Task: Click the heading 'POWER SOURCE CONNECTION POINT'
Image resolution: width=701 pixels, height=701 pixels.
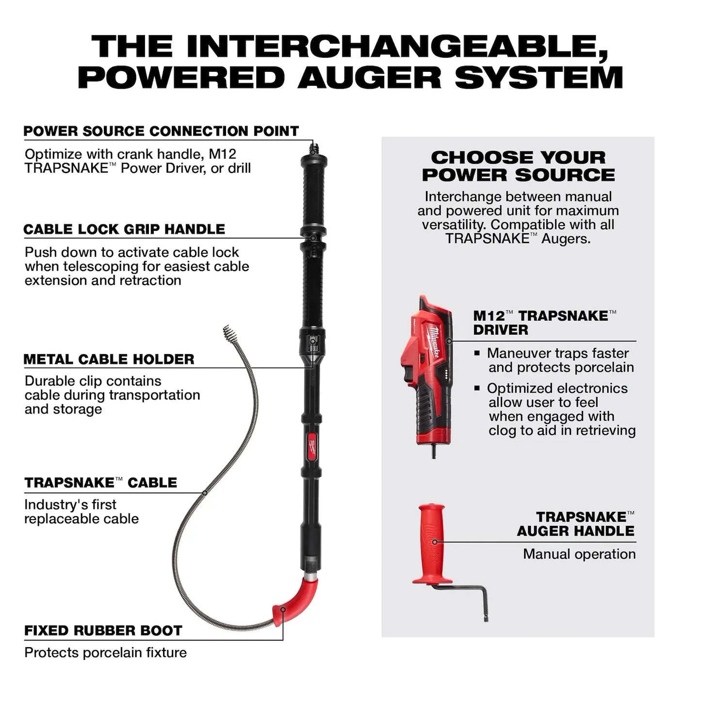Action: pyautogui.click(x=161, y=131)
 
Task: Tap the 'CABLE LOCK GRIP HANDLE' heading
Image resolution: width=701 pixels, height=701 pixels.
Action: pyautogui.click(x=124, y=229)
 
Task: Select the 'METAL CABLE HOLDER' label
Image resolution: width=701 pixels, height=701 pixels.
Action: pyautogui.click(x=109, y=359)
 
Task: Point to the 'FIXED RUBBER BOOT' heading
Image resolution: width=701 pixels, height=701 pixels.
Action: pyautogui.click(x=103, y=630)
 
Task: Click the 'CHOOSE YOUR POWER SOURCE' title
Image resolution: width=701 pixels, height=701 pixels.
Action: pyautogui.click(x=518, y=166)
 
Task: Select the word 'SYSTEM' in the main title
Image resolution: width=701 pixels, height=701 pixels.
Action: pyautogui.click(x=538, y=78)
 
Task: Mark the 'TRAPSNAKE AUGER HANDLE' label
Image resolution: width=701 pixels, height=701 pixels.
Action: pyautogui.click(x=576, y=524)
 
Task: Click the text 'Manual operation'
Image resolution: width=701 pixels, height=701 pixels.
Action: pyautogui.click(x=579, y=554)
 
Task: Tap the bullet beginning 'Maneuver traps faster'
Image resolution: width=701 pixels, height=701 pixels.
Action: pyautogui.click(x=558, y=360)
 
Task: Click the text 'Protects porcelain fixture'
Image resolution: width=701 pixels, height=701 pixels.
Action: pyautogui.click(x=105, y=652)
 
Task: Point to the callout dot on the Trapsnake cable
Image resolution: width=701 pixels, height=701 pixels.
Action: pyautogui.click(x=205, y=492)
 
